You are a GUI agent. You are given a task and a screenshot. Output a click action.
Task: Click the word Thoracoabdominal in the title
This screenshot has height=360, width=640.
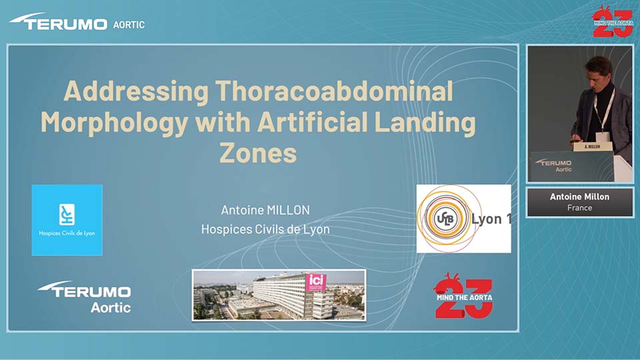(334, 91)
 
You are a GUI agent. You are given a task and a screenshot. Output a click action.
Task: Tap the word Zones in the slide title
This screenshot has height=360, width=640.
(258, 153)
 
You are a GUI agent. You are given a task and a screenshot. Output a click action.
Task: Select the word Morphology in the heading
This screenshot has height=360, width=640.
(115, 123)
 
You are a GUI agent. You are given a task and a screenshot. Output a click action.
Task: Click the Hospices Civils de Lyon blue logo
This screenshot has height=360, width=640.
(67, 220)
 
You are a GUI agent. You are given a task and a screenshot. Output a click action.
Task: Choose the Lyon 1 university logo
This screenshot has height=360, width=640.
(464, 219)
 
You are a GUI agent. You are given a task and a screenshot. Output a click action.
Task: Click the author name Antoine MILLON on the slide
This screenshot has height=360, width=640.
(265, 210)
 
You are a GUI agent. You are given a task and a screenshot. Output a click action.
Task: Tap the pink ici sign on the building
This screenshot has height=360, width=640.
(316, 281)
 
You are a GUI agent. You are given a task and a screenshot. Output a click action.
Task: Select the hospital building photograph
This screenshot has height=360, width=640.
(279, 295)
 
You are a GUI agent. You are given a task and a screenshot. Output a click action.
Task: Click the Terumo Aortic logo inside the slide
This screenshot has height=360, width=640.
(85, 297)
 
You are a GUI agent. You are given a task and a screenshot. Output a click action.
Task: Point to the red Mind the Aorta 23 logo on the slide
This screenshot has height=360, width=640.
(463, 296)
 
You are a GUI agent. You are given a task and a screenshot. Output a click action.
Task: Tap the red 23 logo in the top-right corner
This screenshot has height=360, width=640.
(612, 21)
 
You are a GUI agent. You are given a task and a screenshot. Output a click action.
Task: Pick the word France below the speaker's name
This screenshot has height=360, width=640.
(579, 208)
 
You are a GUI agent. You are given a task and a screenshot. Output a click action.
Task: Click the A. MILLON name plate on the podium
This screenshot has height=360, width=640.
(592, 146)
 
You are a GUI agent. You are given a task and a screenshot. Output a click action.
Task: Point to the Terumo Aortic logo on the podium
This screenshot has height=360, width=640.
(553, 165)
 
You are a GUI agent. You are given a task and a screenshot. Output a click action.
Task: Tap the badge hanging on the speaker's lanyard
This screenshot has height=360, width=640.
(601, 137)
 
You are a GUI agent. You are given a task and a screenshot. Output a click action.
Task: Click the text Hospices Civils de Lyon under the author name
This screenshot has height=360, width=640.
(265, 229)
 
